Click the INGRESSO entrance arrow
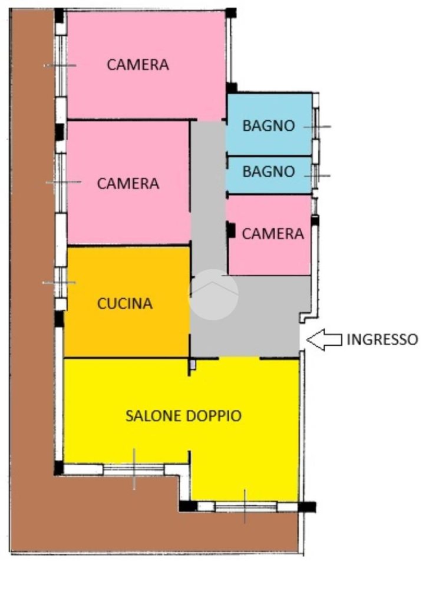coord(324,340)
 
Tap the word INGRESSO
coord(382,339)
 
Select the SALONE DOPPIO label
coord(183,415)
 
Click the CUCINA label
coord(125,304)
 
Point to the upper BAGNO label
coord(269,125)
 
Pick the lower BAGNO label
coord(269,172)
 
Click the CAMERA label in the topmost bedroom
coord(138,65)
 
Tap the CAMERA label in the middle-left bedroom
coord(128,183)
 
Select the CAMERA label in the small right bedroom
coord(273,234)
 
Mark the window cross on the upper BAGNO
coord(317,126)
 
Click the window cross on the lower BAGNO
coord(317,176)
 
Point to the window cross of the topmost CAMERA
coord(60,65)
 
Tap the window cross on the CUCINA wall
coord(59,283)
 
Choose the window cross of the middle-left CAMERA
coord(62,183)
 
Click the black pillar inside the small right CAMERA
coord(232,230)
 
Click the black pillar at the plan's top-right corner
coord(231,12)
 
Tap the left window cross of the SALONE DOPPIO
coord(134,469)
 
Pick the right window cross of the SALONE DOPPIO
coord(245,506)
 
